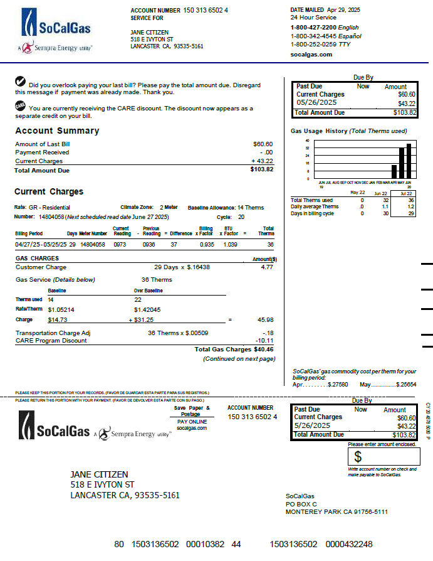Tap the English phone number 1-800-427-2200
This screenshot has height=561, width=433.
pyautogui.click(x=313, y=28)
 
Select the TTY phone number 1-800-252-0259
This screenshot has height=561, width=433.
pyautogui.click(x=313, y=45)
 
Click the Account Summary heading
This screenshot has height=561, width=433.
pyautogui.click(x=57, y=131)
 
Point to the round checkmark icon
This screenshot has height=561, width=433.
pyautogui.click(x=20, y=81)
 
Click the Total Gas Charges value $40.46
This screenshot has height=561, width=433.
pyautogui.click(x=264, y=350)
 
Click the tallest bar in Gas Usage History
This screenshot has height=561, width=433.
pyautogui.click(x=409, y=161)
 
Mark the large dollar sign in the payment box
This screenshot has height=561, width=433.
pyautogui.click(x=358, y=457)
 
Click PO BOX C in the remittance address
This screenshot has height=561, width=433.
pyautogui.click(x=301, y=504)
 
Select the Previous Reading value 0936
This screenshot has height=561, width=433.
pyautogui.click(x=149, y=244)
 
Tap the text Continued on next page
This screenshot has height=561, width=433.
pyautogui.click(x=239, y=359)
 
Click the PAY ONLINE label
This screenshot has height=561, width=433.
pyautogui.click(x=191, y=422)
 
